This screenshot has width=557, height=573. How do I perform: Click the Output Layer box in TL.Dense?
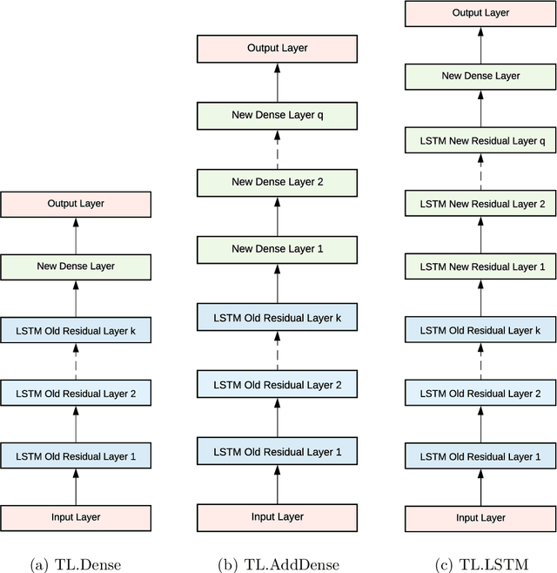click(76, 205)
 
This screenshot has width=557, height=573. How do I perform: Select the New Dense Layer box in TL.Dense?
click(76, 266)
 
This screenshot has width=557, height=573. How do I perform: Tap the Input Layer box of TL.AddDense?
click(278, 517)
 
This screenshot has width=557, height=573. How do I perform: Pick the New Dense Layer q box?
click(278, 114)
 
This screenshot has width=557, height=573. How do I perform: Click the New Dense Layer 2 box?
click(278, 182)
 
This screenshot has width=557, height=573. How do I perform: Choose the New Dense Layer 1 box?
click(278, 249)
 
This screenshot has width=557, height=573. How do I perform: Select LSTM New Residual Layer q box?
click(480, 140)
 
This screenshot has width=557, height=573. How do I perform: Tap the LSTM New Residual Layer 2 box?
click(480, 204)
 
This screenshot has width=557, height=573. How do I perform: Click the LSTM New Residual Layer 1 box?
click(480, 266)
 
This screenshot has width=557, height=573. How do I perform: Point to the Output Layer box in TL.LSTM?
click(480, 13)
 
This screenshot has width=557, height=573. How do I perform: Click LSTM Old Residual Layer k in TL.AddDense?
click(278, 317)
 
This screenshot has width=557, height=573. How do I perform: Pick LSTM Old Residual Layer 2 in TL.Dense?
click(76, 394)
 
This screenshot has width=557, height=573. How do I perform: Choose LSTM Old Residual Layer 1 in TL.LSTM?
click(480, 456)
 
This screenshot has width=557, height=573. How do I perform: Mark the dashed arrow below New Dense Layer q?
click(278, 148)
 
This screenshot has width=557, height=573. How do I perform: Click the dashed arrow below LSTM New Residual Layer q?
click(480, 172)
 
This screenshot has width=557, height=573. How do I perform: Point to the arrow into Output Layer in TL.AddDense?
click(278, 80)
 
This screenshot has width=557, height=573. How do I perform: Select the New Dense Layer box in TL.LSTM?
click(480, 77)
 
